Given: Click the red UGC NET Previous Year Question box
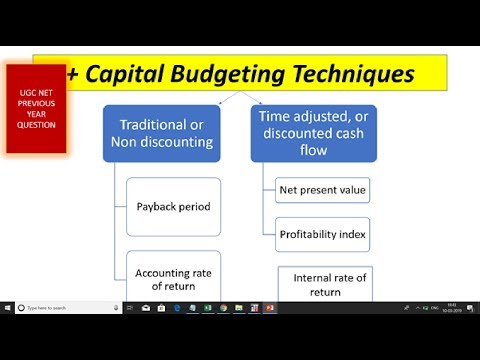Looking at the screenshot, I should (x=36, y=107).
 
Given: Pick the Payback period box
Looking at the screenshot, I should (x=173, y=207).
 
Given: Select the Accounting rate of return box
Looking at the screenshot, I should (x=173, y=278).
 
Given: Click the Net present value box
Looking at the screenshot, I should (x=321, y=188).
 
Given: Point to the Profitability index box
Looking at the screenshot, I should (x=321, y=234).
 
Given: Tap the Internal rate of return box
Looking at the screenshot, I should (x=329, y=284).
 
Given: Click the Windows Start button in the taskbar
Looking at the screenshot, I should (x=7, y=307).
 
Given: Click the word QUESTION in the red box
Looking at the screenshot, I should (x=36, y=124).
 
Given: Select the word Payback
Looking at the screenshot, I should (x=155, y=207).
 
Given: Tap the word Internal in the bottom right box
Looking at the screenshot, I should (x=313, y=277).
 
